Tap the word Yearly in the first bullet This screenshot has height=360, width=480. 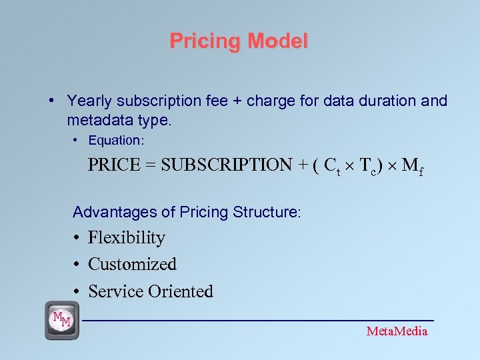[89, 101]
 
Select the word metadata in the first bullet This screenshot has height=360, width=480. [97, 121]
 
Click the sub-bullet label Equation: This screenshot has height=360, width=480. [116, 141]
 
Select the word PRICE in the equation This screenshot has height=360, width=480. [115, 165]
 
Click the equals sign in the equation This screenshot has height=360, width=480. [152, 165]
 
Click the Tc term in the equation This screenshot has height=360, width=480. [370, 166]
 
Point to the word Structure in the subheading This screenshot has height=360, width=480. [273, 212]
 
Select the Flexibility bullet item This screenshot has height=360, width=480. [127, 238]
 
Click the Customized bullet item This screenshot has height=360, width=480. [132, 265]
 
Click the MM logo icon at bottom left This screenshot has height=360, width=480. [61, 320]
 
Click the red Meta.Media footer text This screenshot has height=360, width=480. [397, 331]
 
